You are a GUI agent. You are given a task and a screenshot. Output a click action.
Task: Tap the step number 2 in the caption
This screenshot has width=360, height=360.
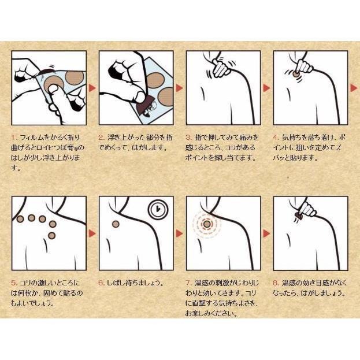pyautogui.click(x=101, y=138)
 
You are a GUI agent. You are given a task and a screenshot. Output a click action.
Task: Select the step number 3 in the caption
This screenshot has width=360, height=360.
pyautogui.click(x=188, y=138)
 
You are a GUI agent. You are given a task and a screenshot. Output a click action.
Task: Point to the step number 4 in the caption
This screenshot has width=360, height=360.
pyautogui.click(x=276, y=138)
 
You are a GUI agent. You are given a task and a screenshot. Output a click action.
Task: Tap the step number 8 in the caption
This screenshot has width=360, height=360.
pyautogui.click(x=276, y=283)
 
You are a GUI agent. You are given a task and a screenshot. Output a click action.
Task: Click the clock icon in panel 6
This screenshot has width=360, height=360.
pyautogui.click(x=158, y=209)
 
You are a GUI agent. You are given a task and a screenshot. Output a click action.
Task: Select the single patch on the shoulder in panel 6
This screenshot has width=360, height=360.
pyautogui.click(x=116, y=224)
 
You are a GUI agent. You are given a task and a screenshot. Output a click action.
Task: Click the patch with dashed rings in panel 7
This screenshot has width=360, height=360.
pyautogui.click(x=207, y=224)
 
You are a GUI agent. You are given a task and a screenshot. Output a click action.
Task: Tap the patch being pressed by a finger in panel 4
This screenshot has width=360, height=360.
pyautogui.click(x=295, y=74)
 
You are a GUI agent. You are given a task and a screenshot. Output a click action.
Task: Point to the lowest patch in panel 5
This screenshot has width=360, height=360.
pyautogui.click(x=52, y=236)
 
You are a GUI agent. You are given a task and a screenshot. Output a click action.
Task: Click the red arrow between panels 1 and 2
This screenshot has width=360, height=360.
pyautogui.click(x=92, y=88)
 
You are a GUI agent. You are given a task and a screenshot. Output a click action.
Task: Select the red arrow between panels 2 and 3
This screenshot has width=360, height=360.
pyautogui.click(x=180, y=88)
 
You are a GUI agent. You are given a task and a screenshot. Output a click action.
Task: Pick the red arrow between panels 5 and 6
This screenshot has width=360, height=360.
pyautogui.click(x=92, y=233)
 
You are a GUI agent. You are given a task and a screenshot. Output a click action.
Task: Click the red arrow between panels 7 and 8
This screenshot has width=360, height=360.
pyautogui.click(x=266, y=233)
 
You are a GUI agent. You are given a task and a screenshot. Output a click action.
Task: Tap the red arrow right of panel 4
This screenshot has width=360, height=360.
pyautogui.click(x=354, y=88)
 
